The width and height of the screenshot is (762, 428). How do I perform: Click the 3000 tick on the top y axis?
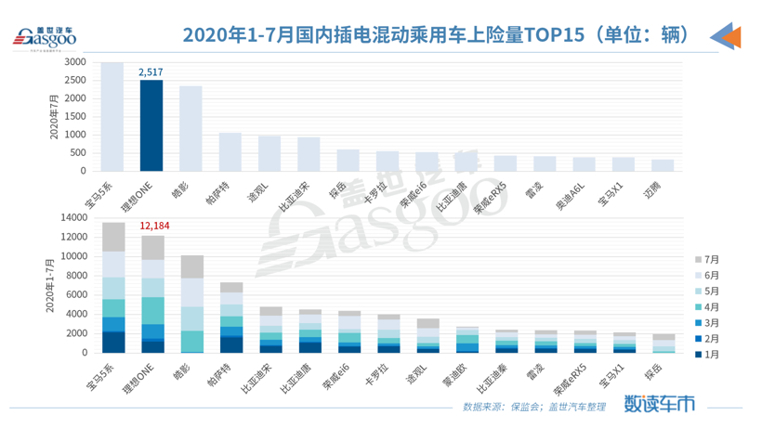[76, 62]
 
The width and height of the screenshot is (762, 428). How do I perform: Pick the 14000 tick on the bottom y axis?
[73, 216]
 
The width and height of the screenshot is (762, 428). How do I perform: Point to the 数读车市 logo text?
[659, 405]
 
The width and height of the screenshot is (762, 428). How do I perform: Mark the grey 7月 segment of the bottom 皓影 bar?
[191, 267]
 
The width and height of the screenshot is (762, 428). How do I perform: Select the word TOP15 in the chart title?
[554, 35]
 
